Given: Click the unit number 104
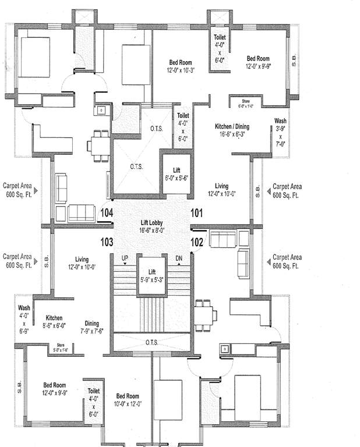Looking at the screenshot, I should point(107,212).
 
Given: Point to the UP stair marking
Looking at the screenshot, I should point(124,258).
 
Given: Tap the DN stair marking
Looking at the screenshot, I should point(179,258).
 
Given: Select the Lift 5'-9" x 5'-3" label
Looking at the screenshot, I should point(151,275).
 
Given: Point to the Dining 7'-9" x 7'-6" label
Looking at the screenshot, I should point(91,327).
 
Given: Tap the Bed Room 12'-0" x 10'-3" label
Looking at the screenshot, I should point(181,66).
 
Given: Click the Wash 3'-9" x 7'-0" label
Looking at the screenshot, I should point(280,133).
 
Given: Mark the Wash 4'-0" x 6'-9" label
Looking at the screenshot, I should point(24,319).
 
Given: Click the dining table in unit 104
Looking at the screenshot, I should point(99,145).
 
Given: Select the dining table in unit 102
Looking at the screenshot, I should point(202,315).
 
